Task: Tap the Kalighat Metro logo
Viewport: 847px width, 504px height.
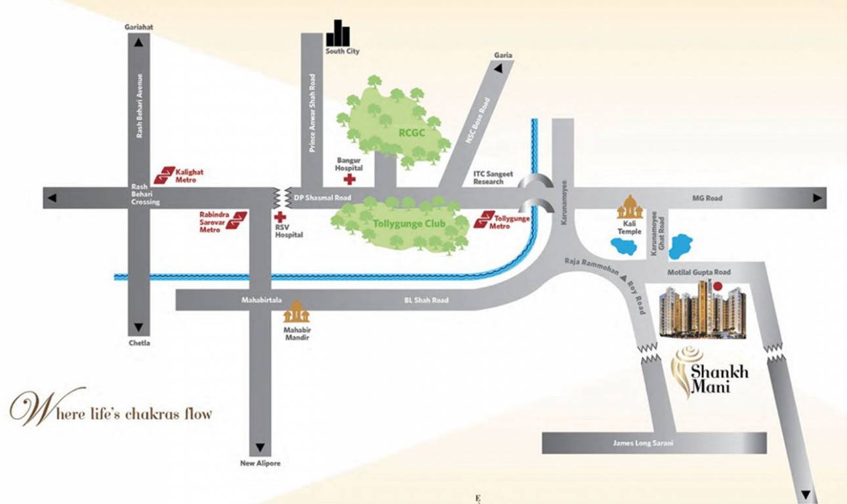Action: [x=164, y=175]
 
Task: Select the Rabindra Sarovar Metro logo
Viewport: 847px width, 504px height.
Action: [x=236, y=220]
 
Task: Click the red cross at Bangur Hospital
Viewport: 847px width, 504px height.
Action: [x=350, y=179]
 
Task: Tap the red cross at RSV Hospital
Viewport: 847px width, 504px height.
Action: [x=280, y=217]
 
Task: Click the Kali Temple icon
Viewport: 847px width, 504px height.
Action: [x=629, y=208]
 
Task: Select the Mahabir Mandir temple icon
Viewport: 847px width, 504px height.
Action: [x=296, y=312]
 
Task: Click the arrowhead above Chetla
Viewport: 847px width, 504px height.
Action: [x=138, y=326]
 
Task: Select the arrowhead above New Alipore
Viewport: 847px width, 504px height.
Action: [x=260, y=448]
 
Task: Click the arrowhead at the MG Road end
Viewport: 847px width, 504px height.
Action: [x=817, y=198]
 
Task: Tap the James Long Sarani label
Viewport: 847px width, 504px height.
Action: [x=643, y=443]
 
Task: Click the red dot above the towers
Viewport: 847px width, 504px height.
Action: [x=717, y=286]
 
